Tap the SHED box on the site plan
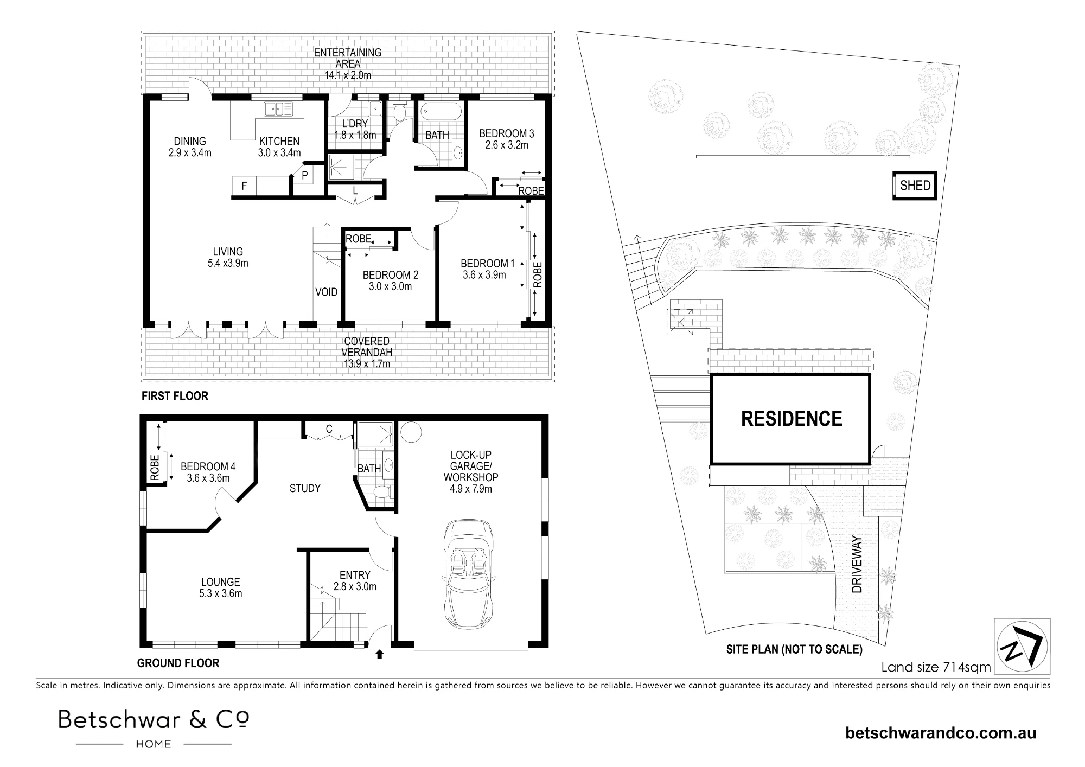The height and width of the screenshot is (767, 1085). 915,186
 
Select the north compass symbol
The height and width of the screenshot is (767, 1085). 1022,646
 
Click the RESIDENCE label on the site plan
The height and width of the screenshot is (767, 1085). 792,419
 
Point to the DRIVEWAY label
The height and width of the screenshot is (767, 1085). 857,564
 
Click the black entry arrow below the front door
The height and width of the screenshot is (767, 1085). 379,654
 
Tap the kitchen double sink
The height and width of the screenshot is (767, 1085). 277,109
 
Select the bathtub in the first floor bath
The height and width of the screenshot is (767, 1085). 441,112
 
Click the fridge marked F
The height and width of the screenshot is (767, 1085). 244,186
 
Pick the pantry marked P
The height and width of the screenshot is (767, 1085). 304,175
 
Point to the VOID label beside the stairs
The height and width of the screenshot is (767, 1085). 327,292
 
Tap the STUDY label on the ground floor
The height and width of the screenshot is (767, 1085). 305,488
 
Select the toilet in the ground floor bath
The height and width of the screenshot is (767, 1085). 383,492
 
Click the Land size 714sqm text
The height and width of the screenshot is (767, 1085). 936,667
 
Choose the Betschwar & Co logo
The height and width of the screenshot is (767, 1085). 154,728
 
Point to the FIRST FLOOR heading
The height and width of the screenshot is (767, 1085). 175,396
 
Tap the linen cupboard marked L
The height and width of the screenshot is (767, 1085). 355,191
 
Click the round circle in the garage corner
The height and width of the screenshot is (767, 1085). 411,432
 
